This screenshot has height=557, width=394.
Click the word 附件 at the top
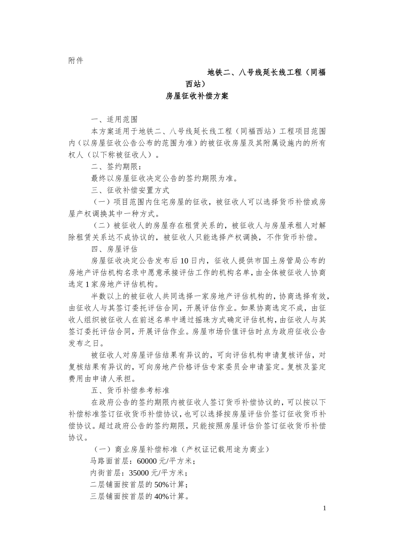pyautogui.click(x=75, y=61)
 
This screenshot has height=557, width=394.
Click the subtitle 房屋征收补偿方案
pyautogui.click(x=197, y=96)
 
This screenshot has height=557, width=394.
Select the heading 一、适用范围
pyautogui.click(x=114, y=120)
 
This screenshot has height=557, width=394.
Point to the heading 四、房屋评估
pyautogui.click(x=114, y=249)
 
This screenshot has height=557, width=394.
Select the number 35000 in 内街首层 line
pyautogui.click(x=137, y=473)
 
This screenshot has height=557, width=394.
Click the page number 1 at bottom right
pyautogui.click(x=325, y=508)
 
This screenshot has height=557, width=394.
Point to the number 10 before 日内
pyautogui.click(x=185, y=261)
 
